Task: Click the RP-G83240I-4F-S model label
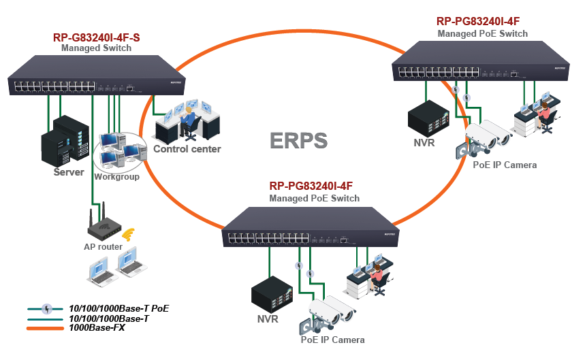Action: point(96,37)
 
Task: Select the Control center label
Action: point(187,149)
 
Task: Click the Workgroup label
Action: point(116,177)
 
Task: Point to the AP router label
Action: point(103,246)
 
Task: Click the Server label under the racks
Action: point(69,172)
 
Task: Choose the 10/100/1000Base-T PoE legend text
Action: point(119,308)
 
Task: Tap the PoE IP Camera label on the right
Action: point(505,165)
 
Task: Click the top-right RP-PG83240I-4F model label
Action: point(482,22)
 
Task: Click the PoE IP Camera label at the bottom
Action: point(332,340)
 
